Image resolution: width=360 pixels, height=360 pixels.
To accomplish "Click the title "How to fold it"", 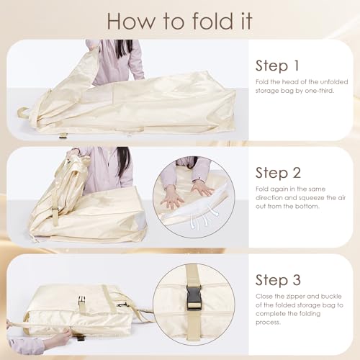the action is (179, 21).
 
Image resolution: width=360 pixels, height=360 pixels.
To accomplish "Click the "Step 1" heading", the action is (277, 66).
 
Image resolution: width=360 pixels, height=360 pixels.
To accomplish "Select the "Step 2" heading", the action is (278, 173).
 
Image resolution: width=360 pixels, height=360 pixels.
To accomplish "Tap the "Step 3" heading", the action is (278, 280).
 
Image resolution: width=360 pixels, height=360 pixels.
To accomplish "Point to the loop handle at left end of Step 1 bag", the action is (22, 112).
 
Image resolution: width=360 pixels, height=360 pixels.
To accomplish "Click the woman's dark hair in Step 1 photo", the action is (124, 48).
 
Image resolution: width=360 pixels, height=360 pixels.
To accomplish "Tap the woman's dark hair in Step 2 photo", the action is (123, 161).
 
